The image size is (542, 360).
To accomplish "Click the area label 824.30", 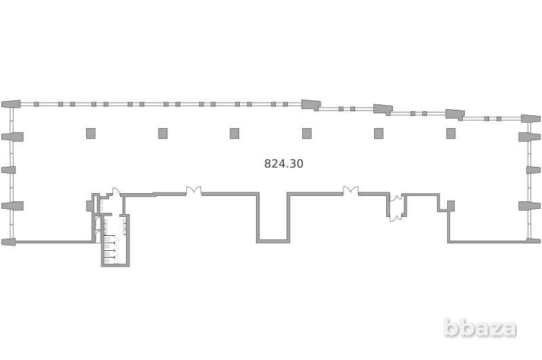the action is click(x=283, y=163).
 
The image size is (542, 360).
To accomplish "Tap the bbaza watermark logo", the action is click(x=480, y=328).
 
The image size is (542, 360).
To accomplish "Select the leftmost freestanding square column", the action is click(x=91, y=134).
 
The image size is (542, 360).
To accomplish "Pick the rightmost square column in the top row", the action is click(x=451, y=134).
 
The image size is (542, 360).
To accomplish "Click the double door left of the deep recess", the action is click(x=194, y=191).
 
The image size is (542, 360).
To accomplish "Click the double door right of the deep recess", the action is click(x=350, y=191).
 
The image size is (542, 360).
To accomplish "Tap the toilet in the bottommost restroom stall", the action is click(x=108, y=260).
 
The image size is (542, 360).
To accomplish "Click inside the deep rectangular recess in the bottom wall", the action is click(x=273, y=217).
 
